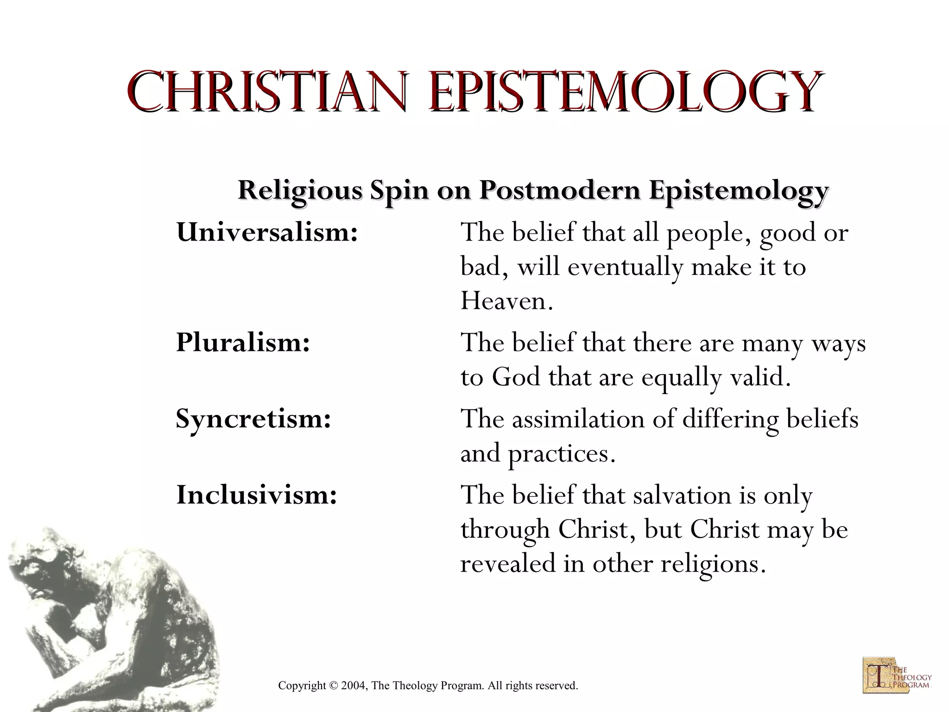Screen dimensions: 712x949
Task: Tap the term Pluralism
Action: tap(243, 343)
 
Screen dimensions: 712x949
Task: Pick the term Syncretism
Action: tap(253, 419)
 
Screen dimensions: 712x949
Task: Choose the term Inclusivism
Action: tap(256, 495)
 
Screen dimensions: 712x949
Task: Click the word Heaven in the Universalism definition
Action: tap(506, 301)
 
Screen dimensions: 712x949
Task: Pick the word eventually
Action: tap(625, 267)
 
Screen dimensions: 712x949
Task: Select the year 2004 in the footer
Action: tap(353, 686)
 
